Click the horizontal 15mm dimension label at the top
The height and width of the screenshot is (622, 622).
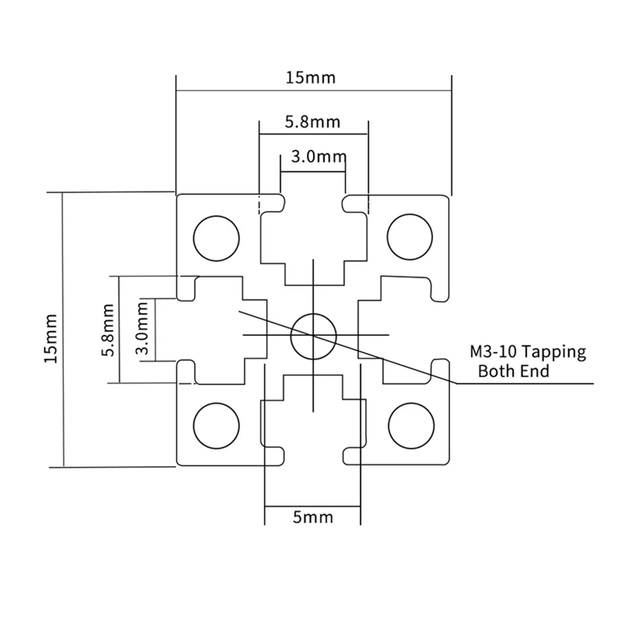tap(310, 78)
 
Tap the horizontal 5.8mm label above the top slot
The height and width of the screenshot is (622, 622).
tap(313, 122)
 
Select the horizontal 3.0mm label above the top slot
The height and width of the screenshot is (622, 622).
tap(318, 157)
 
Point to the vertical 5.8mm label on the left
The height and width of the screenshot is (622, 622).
tap(108, 330)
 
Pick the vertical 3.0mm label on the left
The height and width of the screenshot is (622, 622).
tap(142, 328)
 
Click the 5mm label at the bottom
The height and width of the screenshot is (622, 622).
tap(313, 517)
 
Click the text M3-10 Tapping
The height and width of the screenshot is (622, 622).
tap(528, 352)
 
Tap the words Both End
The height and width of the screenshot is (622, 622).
tap(514, 371)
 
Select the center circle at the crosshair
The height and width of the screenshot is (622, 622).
tap(313, 336)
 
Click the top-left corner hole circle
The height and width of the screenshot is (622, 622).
tap(216, 238)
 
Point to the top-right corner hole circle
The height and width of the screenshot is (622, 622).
tap(409, 237)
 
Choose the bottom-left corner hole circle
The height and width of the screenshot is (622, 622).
tap(216, 425)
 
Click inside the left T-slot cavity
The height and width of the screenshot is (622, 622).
tap(218, 330)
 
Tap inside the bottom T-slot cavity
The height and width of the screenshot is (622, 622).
tap(313, 431)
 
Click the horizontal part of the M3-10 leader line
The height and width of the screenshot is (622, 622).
tap(524, 384)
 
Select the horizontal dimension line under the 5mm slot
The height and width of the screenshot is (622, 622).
tap(313, 506)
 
